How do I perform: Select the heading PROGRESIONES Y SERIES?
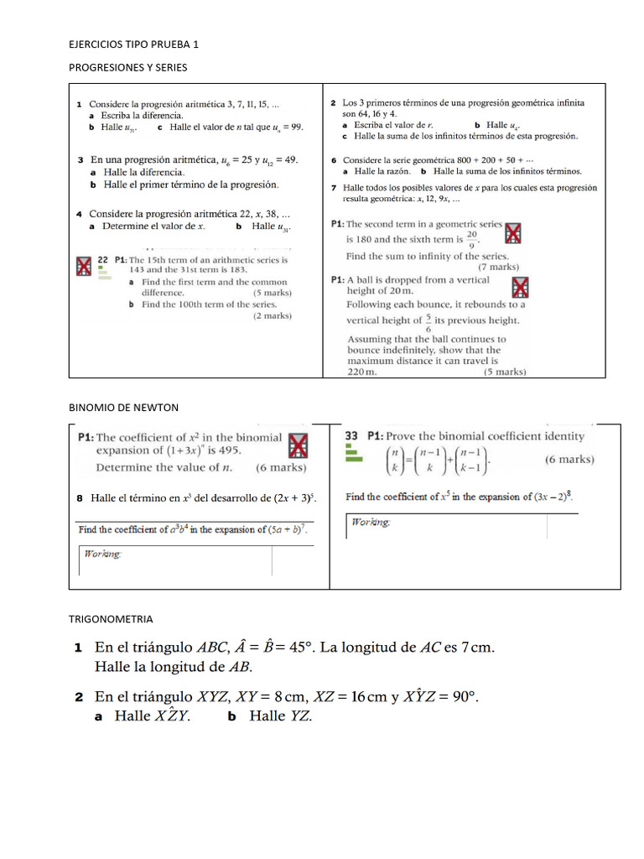point(127,67)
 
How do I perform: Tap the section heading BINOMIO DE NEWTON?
point(122,408)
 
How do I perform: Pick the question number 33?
point(352,436)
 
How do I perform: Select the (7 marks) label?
point(498,267)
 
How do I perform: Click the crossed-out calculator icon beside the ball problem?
point(521,288)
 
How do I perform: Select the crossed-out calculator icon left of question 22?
point(83,266)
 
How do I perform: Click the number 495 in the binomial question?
point(226,450)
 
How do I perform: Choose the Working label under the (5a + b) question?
point(101,554)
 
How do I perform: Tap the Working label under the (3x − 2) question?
point(370,522)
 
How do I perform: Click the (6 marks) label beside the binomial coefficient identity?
point(569,460)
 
